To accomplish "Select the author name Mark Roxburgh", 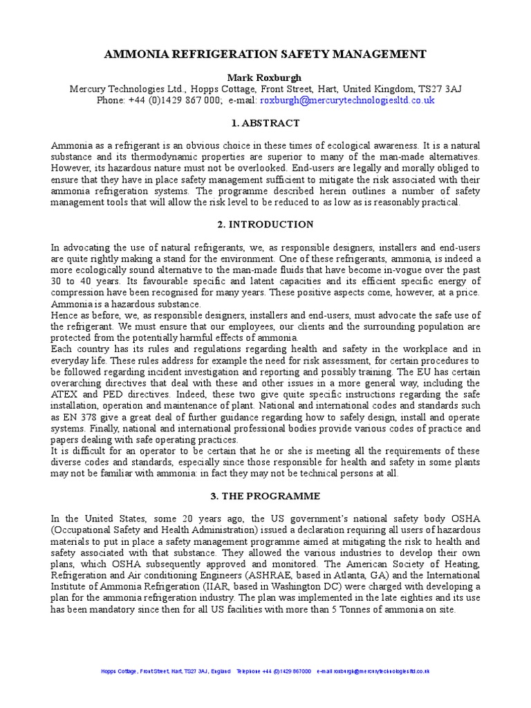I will (x=265, y=77).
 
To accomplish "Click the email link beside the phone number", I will (x=347, y=100).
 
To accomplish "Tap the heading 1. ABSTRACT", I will (x=265, y=123).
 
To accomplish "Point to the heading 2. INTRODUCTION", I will (x=265, y=225).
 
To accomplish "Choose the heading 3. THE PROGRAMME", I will (x=265, y=496).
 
